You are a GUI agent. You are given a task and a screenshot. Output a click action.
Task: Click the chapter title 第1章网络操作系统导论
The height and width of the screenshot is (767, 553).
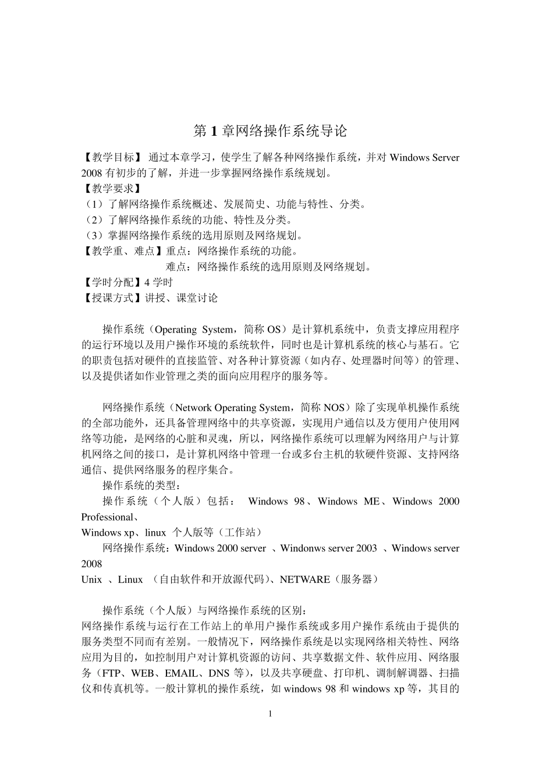(270, 131)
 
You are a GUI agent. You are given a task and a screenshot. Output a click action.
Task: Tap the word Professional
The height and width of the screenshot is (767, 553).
(107, 517)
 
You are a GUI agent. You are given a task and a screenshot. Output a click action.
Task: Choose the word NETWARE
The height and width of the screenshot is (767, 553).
(305, 579)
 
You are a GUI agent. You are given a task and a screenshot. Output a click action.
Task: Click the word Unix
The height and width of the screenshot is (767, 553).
(91, 579)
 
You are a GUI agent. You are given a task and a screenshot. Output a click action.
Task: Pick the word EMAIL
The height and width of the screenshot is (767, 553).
(181, 674)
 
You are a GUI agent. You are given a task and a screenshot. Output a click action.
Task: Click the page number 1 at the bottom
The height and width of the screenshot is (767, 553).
(270, 714)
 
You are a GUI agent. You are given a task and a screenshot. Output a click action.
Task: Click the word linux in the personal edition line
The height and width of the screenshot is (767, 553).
(155, 533)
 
